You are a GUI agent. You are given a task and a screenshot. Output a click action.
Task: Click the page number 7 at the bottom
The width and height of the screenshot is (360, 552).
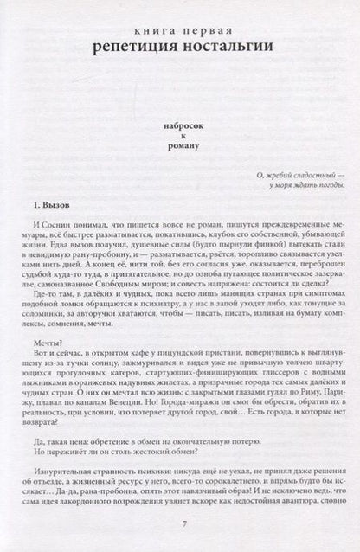click(179, 528)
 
